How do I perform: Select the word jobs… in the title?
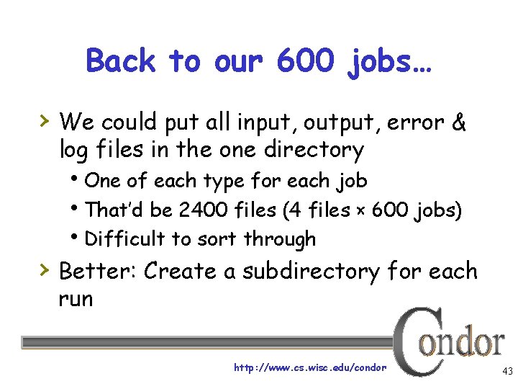click(x=389, y=63)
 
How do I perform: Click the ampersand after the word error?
click(x=458, y=122)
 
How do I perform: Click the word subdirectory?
click(x=312, y=272)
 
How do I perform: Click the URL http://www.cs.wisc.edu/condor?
click(x=310, y=367)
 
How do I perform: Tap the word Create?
click(x=188, y=271)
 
